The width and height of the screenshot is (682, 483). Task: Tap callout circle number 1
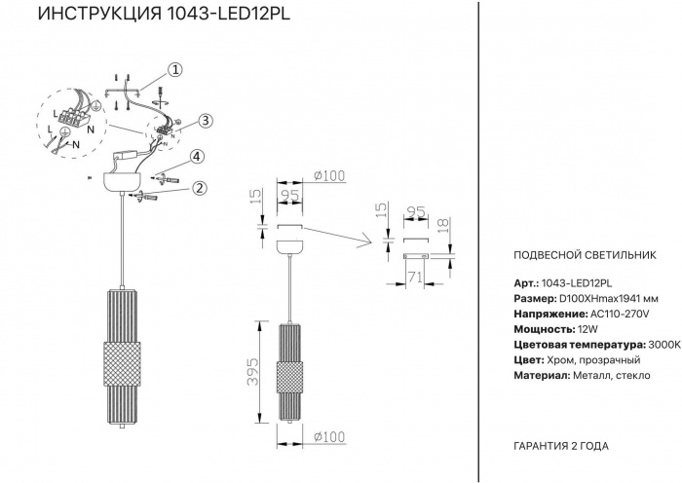click(174, 69)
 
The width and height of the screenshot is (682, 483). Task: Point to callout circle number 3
click(206, 121)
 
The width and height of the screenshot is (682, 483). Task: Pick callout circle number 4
click(196, 156)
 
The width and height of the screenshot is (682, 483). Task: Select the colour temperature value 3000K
click(663, 346)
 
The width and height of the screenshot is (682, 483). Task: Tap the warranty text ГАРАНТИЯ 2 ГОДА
click(559, 445)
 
